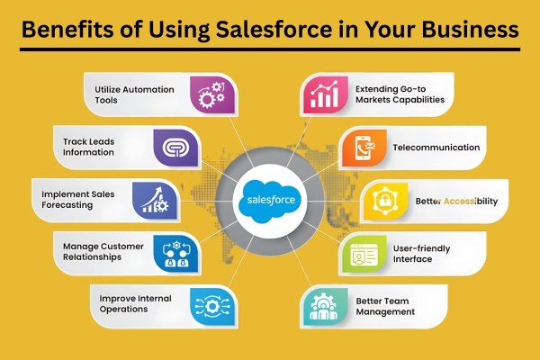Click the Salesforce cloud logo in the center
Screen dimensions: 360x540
click(x=270, y=199)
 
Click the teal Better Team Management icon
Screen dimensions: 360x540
click(x=321, y=306)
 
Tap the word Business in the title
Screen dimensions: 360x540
click(x=468, y=30)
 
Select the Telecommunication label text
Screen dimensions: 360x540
click(x=436, y=148)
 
